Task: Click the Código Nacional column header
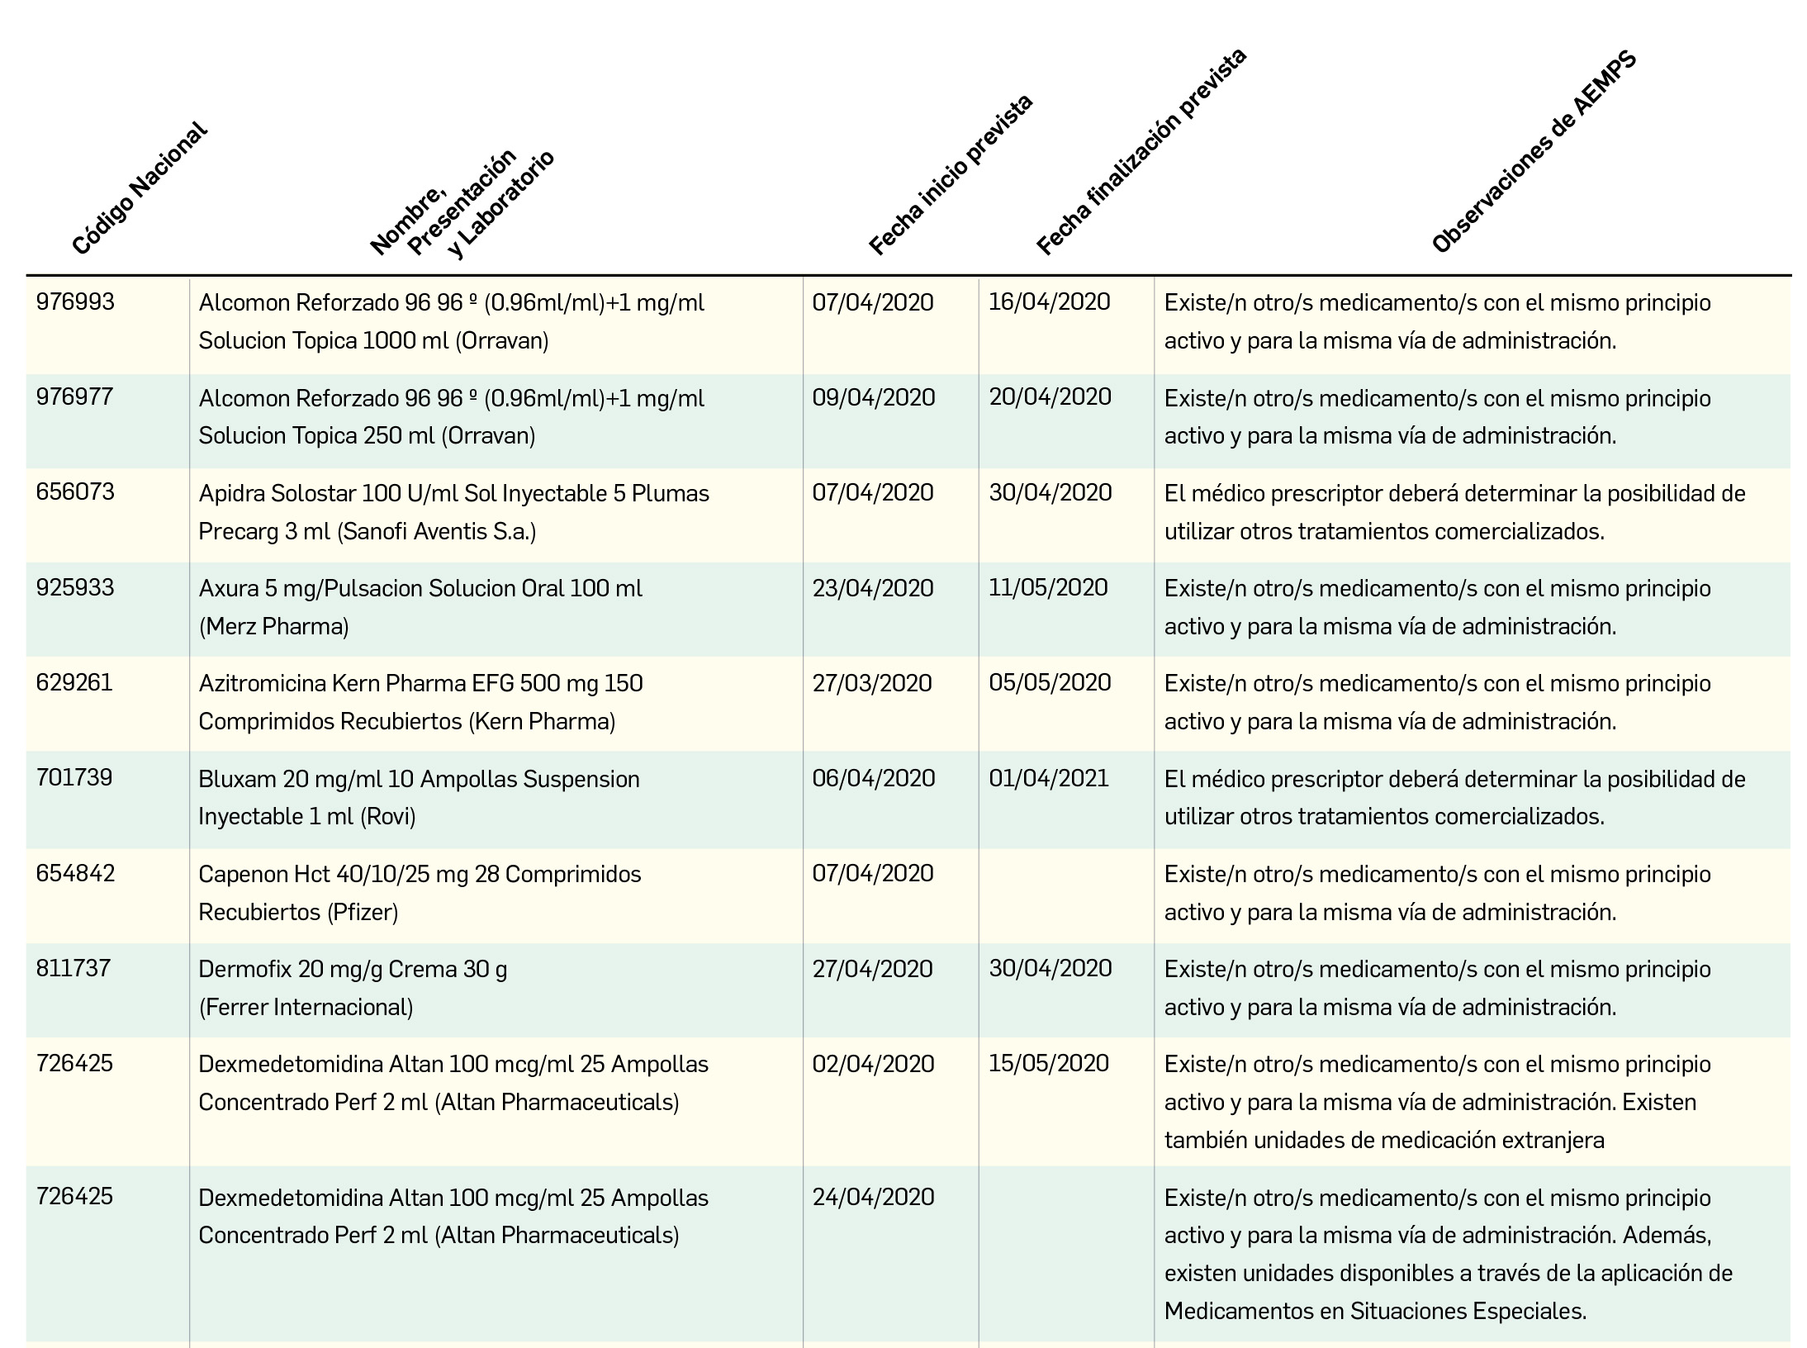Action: (x=139, y=189)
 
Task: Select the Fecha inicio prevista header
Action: (x=951, y=175)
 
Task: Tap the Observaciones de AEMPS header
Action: (x=1534, y=153)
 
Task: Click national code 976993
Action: (x=75, y=302)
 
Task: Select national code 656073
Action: (x=75, y=492)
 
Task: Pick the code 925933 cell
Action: (x=75, y=588)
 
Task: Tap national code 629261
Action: (x=74, y=683)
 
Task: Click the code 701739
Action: (x=74, y=778)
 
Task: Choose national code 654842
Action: (x=75, y=874)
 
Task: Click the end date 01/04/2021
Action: (x=1049, y=778)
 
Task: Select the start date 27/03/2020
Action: (x=872, y=684)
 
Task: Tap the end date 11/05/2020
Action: (x=1048, y=588)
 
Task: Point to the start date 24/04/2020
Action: (x=873, y=1198)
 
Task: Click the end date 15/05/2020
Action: (x=1049, y=1064)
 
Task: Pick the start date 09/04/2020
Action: (x=873, y=398)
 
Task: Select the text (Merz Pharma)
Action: (x=274, y=627)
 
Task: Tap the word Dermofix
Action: (x=245, y=969)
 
